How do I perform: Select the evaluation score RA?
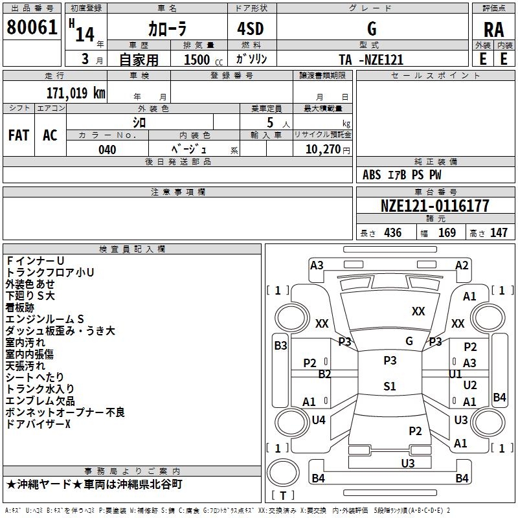[493, 30]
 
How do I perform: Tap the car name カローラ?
[167, 29]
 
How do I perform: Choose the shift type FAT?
[18, 135]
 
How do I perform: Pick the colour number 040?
[107, 150]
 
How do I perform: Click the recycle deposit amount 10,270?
[321, 150]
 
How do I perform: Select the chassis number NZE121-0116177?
[434, 206]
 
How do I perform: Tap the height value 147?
[499, 232]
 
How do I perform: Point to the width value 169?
[447, 232]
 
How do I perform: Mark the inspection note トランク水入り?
[39, 389]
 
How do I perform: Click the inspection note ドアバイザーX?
[38, 424]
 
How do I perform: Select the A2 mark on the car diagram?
[462, 265]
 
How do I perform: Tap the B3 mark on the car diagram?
[280, 346]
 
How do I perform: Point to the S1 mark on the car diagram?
[389, 387]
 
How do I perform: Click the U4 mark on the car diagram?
[319, 420]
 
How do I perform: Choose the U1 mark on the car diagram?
[455, 374]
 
